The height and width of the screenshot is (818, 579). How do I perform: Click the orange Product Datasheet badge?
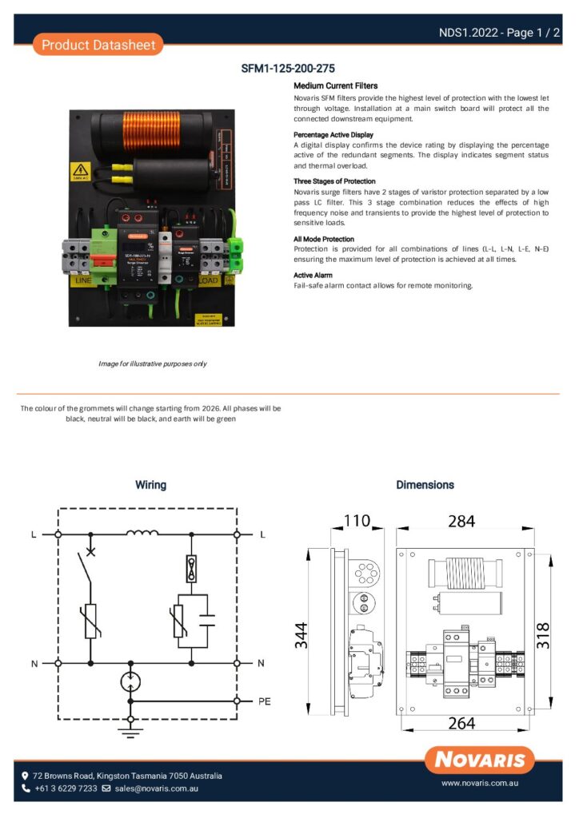click(x=98, y=45)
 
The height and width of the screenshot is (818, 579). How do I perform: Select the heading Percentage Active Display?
click(x=333, y=135)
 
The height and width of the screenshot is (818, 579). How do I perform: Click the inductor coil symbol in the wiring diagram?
click(x=142, y=533)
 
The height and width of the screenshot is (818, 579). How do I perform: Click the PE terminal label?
click(x=266, y=701)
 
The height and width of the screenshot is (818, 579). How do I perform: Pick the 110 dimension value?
click(x=357, y=521)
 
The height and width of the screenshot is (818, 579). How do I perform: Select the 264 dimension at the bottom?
click(x=461, y=724)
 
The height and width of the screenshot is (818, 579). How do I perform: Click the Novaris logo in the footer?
click(x=479, y=760)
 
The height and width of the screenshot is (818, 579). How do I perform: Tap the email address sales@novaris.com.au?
click(x=156, y=788)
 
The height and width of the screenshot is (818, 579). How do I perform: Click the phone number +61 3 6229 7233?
click(x=66, y=788)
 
